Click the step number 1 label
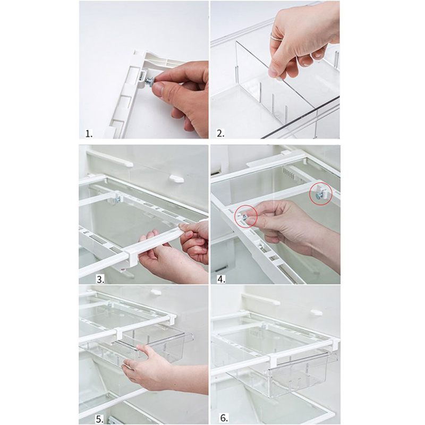click(89, 134)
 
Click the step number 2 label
click(220, 133)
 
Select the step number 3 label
click(100, 279)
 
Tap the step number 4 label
click(221, 279)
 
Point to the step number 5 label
click(99, 420)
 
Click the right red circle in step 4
click(321, 193)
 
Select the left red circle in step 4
click(246, 216)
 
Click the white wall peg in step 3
click(176, 178)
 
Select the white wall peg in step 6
click(316, 312)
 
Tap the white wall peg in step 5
click(156, 292)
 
